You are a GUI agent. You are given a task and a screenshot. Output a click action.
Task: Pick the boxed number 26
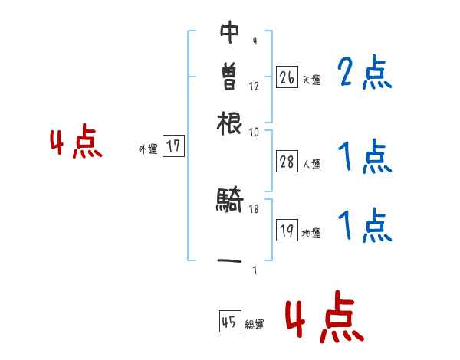(x=287, y=77)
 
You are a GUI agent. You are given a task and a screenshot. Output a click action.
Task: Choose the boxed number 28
(x=287, y=161)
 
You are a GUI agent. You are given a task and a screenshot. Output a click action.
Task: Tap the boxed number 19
(x=287, y=231)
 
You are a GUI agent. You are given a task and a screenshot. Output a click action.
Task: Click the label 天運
(x=312, y=80)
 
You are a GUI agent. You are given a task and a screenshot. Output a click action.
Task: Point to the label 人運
(x=312, y=164)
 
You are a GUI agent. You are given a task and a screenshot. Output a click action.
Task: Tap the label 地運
(x=312, y=234)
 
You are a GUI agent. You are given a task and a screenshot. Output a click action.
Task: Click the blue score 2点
(x=364, y=74)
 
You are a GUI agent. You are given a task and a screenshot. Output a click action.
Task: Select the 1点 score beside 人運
(x=364, y=158)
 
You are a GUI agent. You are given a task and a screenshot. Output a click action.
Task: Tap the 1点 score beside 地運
(x=364, y=226)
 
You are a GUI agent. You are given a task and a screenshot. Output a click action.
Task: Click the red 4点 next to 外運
(x=75, y=143)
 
